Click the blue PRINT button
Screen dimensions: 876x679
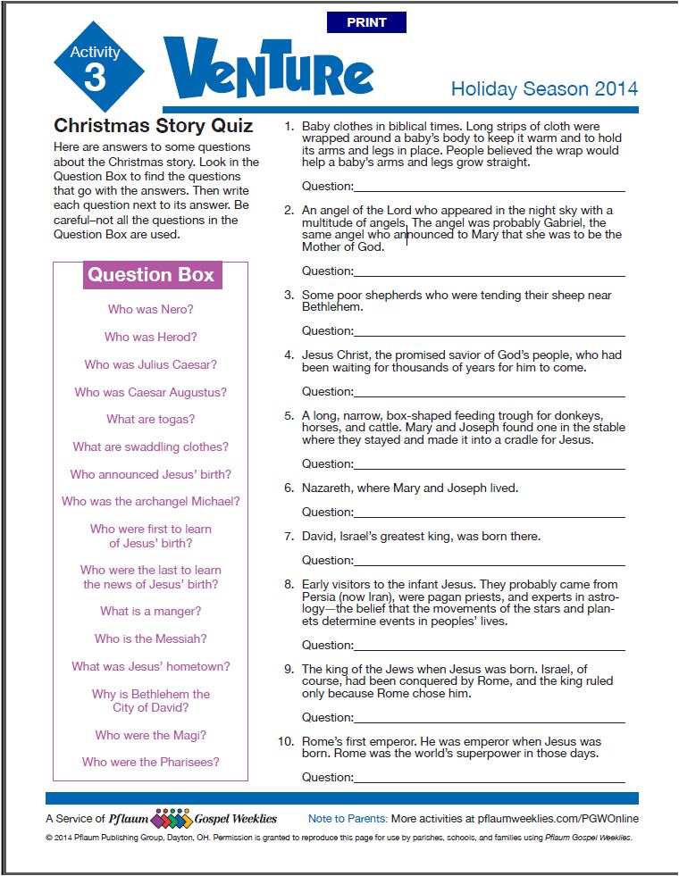[x=366, y=22]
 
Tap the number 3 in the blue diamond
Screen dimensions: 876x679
[x=95, y=79]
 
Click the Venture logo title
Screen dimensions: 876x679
[x=268, y=71]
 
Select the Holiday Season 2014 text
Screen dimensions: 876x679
[x=544, y=88]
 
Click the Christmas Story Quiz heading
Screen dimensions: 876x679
[x=154, y=125]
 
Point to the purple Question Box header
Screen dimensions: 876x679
[x=151, y=274]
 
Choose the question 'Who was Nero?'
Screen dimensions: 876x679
[x=150, y=310]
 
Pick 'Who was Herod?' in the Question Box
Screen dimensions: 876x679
[x=150, y=337]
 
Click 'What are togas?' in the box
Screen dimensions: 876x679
[x=150, y=419]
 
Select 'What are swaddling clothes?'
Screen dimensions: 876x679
[x=150, y=446]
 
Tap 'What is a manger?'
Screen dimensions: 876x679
[x=150, y=611]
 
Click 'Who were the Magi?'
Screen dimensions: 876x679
[x=150, y=735]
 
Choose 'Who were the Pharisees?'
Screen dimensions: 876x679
[x=150, y=762]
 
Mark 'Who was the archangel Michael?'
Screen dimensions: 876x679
[x=150, y=501]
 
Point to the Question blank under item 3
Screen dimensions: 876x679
[x=490, y=330]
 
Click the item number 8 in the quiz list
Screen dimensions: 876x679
[x=289, y=585]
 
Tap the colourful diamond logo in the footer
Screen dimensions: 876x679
[x=172, y=819]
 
